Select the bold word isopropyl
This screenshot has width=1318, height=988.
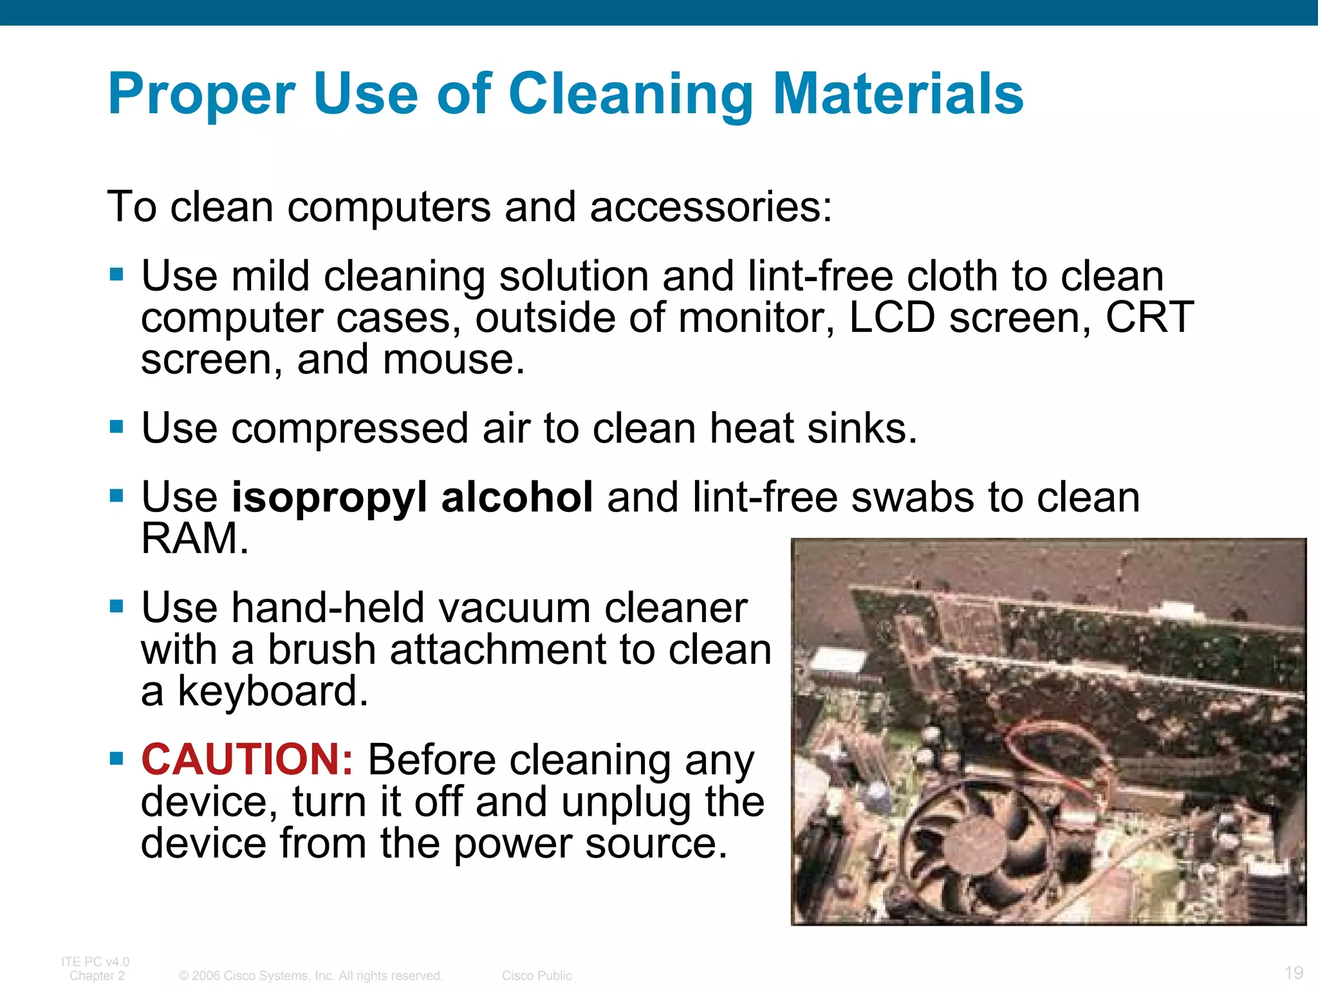pyautogui.click(x=329, y=498)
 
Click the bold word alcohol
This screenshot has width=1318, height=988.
pyautogui.click(x=517, y=498)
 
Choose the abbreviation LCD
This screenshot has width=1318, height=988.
pyautogui.click(x=892, y=318)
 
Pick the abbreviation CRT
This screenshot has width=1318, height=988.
pyautogui.click(x=1149, y=318)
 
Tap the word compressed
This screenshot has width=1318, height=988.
pyautogui.click(x=349, y=428)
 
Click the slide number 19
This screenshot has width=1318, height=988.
pyautogui.click(x=1294, y=972)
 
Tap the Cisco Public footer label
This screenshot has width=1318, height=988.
pyautogui.click(x=537, y=976)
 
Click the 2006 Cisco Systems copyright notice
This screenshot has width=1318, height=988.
pyautogui.click(x=311, y=976)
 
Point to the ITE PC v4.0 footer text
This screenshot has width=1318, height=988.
pyautogui.click(x=95, y=962)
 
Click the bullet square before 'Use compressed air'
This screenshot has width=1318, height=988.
pyautogui.click(x=116, y=426)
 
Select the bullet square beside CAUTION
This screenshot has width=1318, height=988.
pyautogui.click(x=116, y=758)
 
